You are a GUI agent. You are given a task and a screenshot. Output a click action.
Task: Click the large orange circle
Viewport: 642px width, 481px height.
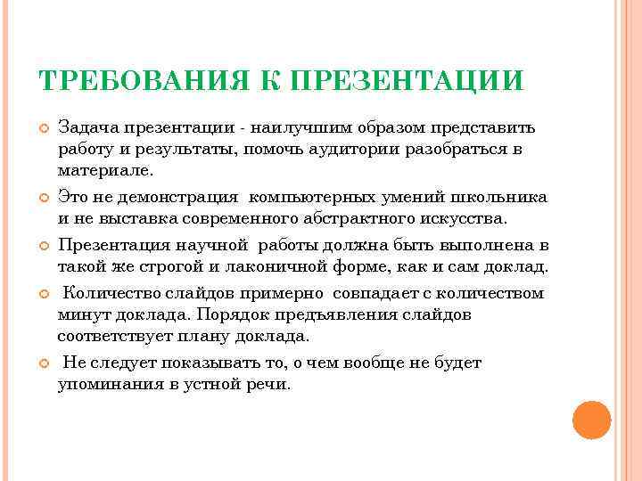pyautogui.click(x=591, y=420)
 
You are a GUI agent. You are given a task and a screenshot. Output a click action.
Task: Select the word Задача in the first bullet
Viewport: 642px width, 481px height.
pyautogui.click(x=85, y=128)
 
